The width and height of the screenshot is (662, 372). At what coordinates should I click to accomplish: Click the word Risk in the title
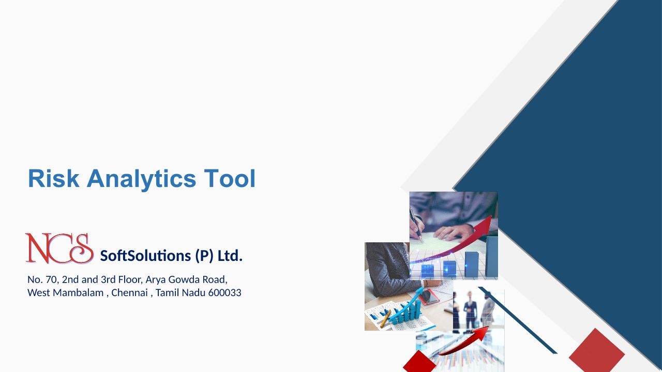53,178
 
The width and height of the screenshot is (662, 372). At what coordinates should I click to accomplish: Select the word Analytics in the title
141,179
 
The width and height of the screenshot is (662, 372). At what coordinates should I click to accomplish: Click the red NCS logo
59,248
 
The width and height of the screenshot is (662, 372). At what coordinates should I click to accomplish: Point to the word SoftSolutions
145,256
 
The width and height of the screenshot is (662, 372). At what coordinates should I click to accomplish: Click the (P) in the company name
204,256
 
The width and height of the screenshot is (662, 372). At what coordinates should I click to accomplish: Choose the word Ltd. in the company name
230,256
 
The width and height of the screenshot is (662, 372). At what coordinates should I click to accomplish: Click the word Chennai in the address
129,292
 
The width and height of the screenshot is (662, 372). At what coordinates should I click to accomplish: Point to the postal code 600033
224,292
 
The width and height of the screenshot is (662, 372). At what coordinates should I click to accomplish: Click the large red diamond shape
597,350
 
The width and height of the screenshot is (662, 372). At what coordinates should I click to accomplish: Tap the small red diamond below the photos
419,361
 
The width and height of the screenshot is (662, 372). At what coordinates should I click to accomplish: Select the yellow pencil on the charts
385,318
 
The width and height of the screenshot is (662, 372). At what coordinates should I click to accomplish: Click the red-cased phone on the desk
429,297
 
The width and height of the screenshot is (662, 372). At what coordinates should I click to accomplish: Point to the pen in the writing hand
415,224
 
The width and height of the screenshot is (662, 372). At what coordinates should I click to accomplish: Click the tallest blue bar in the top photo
491,257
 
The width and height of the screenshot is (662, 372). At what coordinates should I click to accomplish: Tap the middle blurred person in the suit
470,310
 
